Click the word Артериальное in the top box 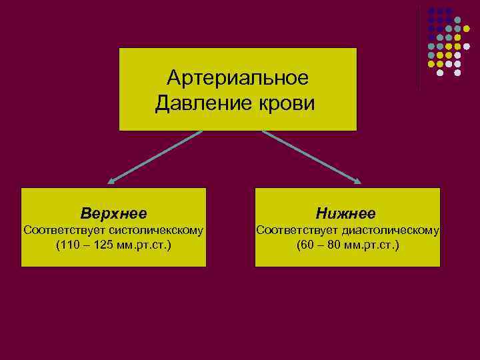(x=238, y=79)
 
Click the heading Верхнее (x=113, y=214)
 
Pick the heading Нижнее (x=347, y=214)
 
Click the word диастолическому (x=390, y=231)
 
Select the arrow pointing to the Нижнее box (x=311, y=157)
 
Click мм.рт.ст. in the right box (x=372, y=245)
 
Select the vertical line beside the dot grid (x=419, y=47)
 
